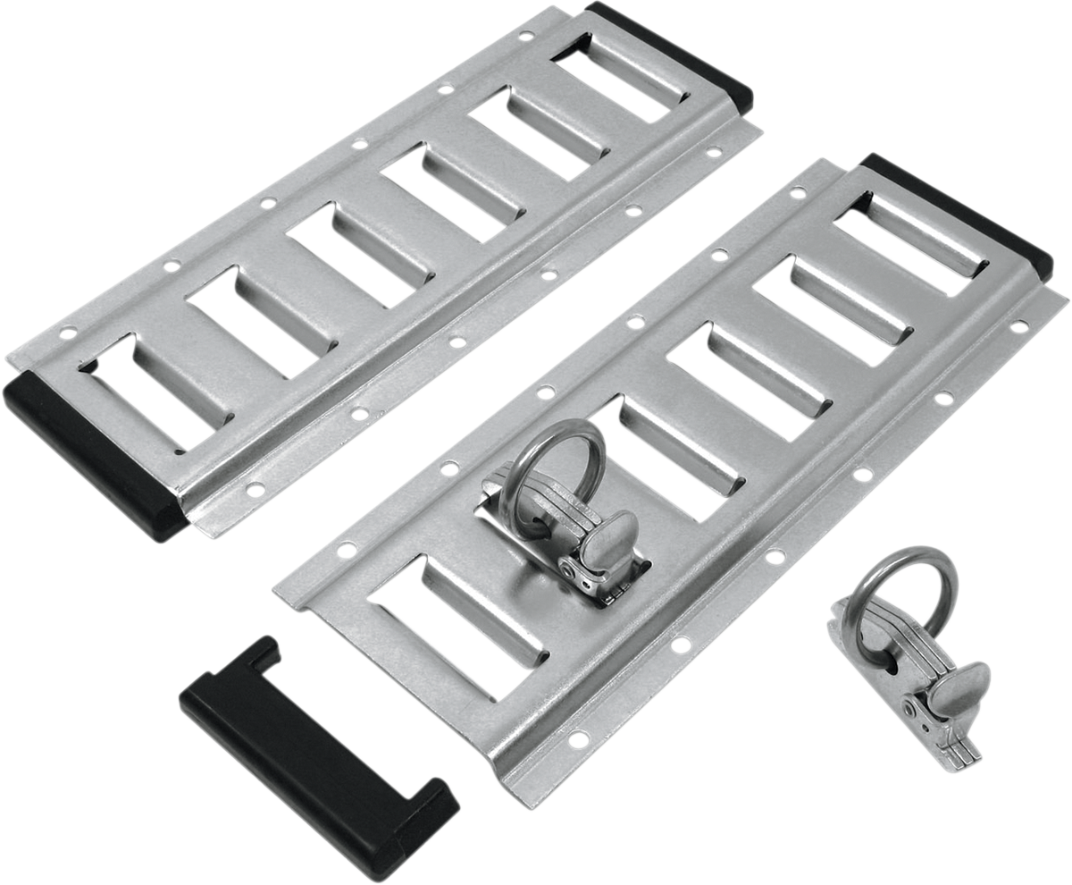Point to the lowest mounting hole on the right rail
578,738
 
